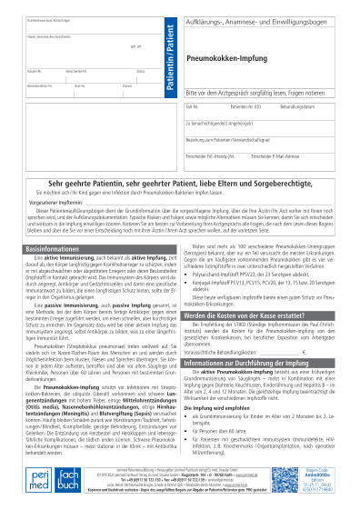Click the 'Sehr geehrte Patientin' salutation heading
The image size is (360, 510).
click(x=181, y=183)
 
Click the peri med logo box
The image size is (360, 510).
click(x=35, y=480)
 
